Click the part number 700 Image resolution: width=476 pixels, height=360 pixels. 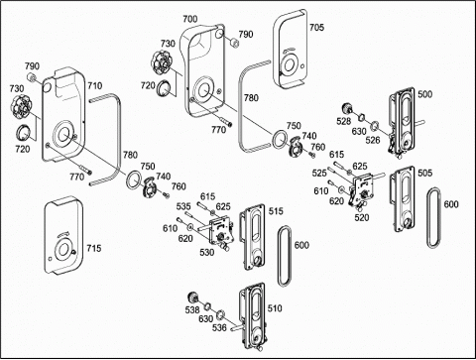tap(190, 19)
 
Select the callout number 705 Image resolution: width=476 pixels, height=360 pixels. tap(316, 28)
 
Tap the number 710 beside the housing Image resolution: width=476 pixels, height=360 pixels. tap(95, 86)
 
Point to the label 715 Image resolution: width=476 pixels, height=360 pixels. tap(94, 248)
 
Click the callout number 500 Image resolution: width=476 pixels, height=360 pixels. tap(424, 94)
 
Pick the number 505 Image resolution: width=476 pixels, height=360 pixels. tap(424, 173)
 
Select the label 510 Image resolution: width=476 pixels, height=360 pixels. tap(275, 308)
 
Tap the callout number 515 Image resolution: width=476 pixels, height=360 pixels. tap(276, 211)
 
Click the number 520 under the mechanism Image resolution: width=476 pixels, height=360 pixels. tap(362, 217)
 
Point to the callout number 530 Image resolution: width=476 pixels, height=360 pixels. tap(207, 253)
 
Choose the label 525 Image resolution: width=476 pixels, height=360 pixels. tap(319, 173)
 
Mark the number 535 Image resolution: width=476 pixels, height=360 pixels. tap(183, 206)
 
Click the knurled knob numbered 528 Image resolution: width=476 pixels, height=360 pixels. tap(346, 108)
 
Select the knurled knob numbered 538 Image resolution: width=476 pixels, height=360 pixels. tap(192, 298)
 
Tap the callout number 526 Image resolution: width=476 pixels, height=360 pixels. tap(373, 140)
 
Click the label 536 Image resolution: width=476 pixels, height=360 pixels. tap(219, 327)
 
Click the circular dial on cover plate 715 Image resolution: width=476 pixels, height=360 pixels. tap(63, 250)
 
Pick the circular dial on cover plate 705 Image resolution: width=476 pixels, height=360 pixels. tap(290, 64)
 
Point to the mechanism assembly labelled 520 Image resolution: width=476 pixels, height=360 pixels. tap(362, 191)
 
